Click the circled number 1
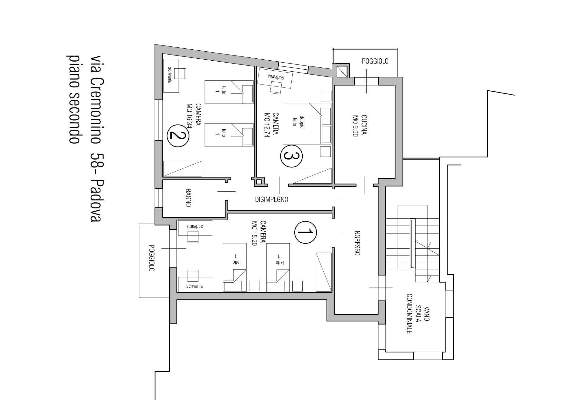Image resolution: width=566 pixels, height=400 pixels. (x=306, y=232)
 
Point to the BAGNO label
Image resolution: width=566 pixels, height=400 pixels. (x=188, y=198)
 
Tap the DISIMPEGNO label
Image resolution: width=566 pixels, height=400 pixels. (x=271, y=199)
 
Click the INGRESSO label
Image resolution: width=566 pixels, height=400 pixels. (x=357, y=242)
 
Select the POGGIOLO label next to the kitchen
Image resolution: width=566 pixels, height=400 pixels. (x=375, y=61)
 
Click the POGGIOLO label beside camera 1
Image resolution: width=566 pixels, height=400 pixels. (x=152, y=258)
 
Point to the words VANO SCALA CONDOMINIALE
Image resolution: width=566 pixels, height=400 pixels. (x=418, y=314)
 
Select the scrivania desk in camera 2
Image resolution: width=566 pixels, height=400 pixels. (x=171, y=75)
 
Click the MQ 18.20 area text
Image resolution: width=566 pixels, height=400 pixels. (x=254, y=234)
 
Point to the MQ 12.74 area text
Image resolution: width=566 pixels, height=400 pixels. (x=267, y=125)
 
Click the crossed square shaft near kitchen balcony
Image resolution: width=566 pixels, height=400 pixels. (x=341, y=71)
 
